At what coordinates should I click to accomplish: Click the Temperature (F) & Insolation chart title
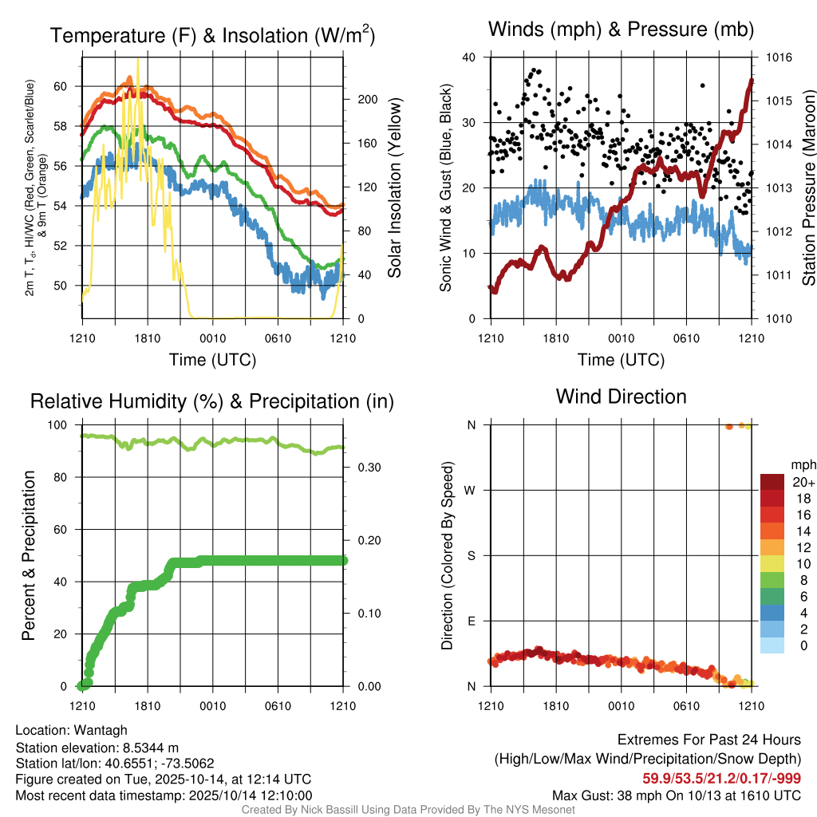(x=212, y=35)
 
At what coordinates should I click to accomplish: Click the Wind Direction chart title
(x=621, y=397)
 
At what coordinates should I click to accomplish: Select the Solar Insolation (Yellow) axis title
(x=394, y=188)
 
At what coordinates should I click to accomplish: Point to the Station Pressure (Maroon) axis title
(x=808, y=188)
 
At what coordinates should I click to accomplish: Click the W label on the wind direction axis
(x=471, y=490)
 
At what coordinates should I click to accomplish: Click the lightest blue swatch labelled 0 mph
(x=772, y=645)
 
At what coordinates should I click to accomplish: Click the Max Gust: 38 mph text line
(x=677, y=795)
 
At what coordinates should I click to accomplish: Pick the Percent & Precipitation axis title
(x=30, y=555)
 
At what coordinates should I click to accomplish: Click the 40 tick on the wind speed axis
(x=468, y=57)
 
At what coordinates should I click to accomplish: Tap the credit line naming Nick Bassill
(x=408, y=810)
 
